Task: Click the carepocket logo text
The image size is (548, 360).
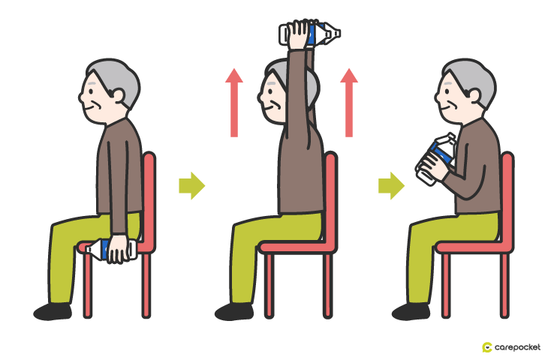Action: point(517,347)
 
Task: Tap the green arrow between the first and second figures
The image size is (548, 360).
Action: point(192,185)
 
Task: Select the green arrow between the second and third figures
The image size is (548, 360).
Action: point(391,185)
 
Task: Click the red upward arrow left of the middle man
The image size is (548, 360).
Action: point(234,103)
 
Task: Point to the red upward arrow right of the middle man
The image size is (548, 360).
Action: point(349,103)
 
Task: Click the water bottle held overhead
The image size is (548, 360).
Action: point(309,34)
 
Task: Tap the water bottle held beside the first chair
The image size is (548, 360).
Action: point(111,249)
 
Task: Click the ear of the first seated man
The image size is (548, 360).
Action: point(118,95)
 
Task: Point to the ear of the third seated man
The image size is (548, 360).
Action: point(474,95)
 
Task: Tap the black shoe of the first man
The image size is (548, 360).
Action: point(53,311)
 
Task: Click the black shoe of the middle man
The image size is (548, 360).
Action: point(234,311)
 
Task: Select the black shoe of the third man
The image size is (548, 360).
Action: point(411,311)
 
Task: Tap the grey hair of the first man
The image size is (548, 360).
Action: point(116,79)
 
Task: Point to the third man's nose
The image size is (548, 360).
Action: point(436,96)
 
